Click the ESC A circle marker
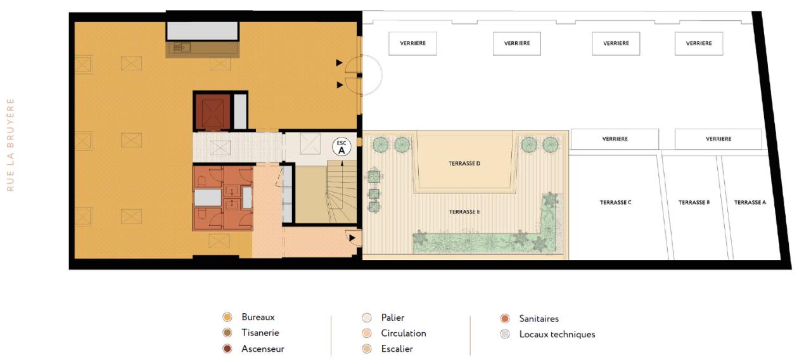click(342, 147)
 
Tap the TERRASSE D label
click(464, 164)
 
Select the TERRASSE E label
click(464, 212)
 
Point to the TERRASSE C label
click(615, 203)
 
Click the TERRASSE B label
click(694, 203)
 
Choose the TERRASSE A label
click(750, 203)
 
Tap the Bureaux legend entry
click(258, 317)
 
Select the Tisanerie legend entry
click(260, 333)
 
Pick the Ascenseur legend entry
click(262, 349)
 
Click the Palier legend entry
click(392, 318)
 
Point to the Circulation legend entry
click(403, 333)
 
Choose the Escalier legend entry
click(397, 349)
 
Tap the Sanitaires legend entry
click(539, 319)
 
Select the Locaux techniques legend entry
click(556, 334)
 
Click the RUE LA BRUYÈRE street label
click(10, 145)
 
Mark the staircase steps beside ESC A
click(342, 190)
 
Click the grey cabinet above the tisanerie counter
click(202, 30)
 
